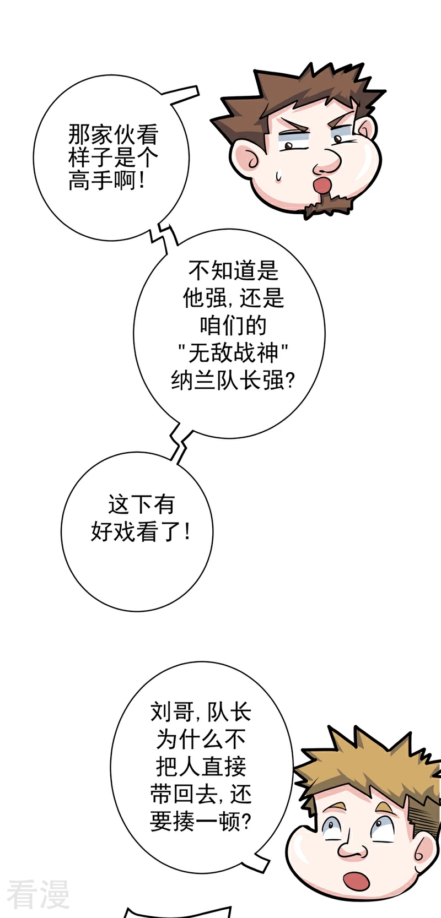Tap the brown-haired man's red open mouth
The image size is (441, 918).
(321, 185)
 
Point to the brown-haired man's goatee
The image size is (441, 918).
(326, 205)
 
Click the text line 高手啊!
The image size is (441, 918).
(106, 180)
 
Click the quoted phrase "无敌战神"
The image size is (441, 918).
(233, 353)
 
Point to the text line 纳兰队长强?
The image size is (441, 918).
(233, 381)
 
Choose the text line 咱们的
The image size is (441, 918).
(233, 325)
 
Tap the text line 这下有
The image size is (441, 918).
(141, 504)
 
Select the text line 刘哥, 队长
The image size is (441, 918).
(201, 712)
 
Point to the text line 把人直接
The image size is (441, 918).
(201, 767)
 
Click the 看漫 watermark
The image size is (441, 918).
(38, 895)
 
